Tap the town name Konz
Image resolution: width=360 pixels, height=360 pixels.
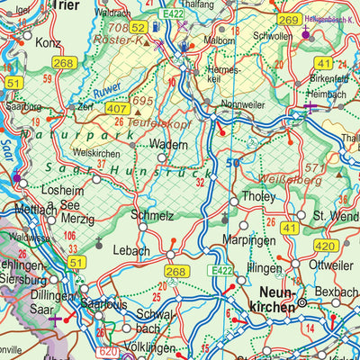pyautogui.click(x=47, y=42)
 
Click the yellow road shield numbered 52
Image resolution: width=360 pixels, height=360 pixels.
pyautogui.click(x=138, y=28)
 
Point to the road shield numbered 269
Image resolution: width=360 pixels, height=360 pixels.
pyautogui.click(x=289, y=20)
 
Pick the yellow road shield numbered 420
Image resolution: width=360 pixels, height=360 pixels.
pyautogui.click(x=327, y=246)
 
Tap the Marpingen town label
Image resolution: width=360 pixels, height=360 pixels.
pyautogui.click(x=240, y=239)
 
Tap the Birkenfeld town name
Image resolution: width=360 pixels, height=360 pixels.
pyautogui.click(x=328, y=78)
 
